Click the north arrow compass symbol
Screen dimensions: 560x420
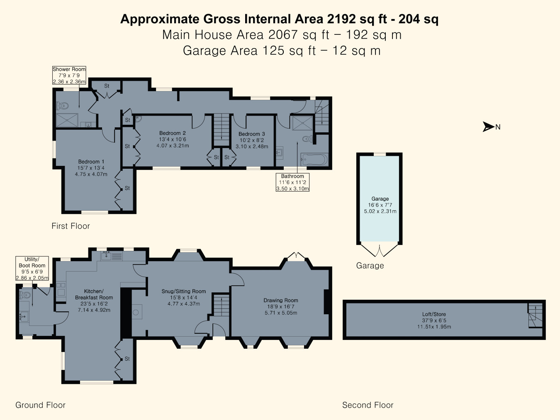488,127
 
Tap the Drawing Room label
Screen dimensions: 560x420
281,300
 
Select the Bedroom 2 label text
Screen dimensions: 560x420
173,133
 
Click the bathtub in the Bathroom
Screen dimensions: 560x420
314,159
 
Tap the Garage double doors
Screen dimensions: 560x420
380,250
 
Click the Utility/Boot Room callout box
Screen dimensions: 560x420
32,269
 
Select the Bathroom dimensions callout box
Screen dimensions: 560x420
292,182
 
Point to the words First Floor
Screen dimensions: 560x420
71,226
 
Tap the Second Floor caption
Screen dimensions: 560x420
368,405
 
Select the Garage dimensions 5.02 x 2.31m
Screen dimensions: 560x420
380,211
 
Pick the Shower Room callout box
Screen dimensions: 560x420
69,75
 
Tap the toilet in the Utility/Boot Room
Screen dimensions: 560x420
25,295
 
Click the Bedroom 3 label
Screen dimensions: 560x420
251,134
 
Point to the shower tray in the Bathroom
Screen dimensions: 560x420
302,123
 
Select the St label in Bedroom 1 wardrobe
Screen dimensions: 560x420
127,188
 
